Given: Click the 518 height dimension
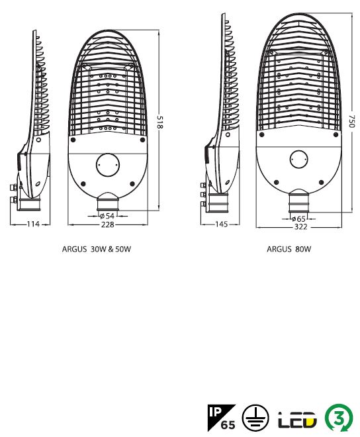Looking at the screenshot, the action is point(159,122).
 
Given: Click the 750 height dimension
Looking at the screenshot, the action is point(351,121).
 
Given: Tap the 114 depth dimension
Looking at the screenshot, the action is point(33,224).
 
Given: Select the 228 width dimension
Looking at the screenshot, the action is point(108,224).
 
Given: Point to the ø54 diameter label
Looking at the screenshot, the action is point(107,216).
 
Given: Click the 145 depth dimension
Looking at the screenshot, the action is point(222,224).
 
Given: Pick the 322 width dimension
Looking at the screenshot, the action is point(300,227).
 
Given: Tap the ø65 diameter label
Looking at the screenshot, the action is point(298,218).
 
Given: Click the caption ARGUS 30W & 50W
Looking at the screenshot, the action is point(97,249).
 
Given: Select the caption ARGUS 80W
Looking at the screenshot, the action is point(289,249).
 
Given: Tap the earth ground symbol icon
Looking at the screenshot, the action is point(255,418).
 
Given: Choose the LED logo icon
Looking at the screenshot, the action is point(297,419).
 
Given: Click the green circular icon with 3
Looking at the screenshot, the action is point(339,418).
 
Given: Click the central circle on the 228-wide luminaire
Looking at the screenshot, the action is point(108,165).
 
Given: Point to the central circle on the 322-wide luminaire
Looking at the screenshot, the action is point(298,160).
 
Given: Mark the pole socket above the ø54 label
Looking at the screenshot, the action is point(108,202).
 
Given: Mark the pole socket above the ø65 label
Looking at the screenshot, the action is point(298,201).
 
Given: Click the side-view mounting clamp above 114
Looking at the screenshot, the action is point(28,204).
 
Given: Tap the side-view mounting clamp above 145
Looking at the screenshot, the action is point(218,203).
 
